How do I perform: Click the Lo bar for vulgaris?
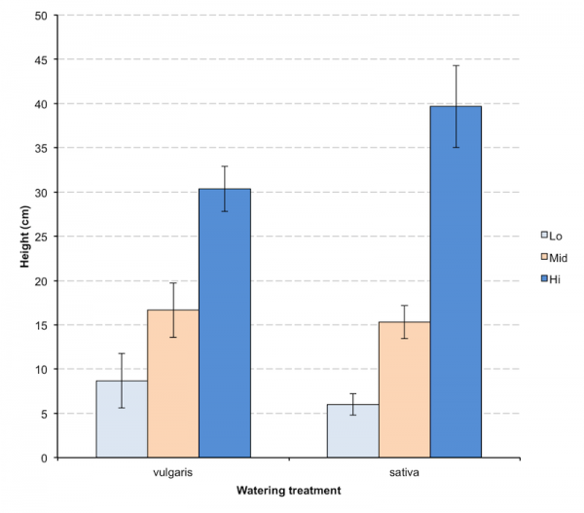coord(122,419)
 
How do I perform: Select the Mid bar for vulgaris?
coord(173,384)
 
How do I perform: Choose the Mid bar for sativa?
coord(404,389)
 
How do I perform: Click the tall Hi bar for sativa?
coord(456,282)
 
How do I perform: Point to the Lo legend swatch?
coord(545,235)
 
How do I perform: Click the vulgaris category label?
coord(173,470)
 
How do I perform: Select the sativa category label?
coord(404,470)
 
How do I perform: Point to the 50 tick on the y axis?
coord(39,16)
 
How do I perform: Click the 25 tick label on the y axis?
coord(39,237)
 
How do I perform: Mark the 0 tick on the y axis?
coord(43,458)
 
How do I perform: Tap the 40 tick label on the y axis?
coord(39,104)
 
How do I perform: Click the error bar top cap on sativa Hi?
coord(456,65)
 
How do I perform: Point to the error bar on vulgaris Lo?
coord(122,380)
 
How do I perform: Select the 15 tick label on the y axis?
coord(39,325)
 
